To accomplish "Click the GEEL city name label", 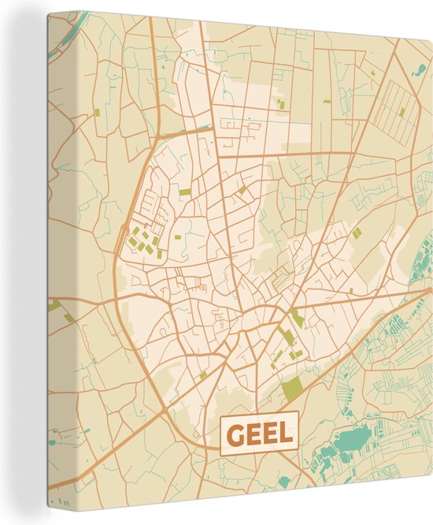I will pos(259,433).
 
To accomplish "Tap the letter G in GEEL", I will pos(235,433).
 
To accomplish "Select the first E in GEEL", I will pos(252,433).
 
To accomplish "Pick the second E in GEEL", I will pos(268,433).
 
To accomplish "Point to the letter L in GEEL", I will pos(284,433).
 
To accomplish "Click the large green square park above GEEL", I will pos(292,387).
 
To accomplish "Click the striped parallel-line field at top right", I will pos(398,110).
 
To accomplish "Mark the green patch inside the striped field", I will pos(402,112).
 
